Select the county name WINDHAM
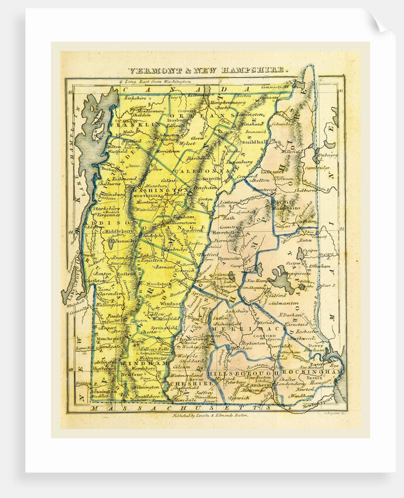(x=137, y=364)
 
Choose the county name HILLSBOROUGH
(x=237, y=373)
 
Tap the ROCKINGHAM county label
(x=312, y=372)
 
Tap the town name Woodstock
(x=158, y=284)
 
